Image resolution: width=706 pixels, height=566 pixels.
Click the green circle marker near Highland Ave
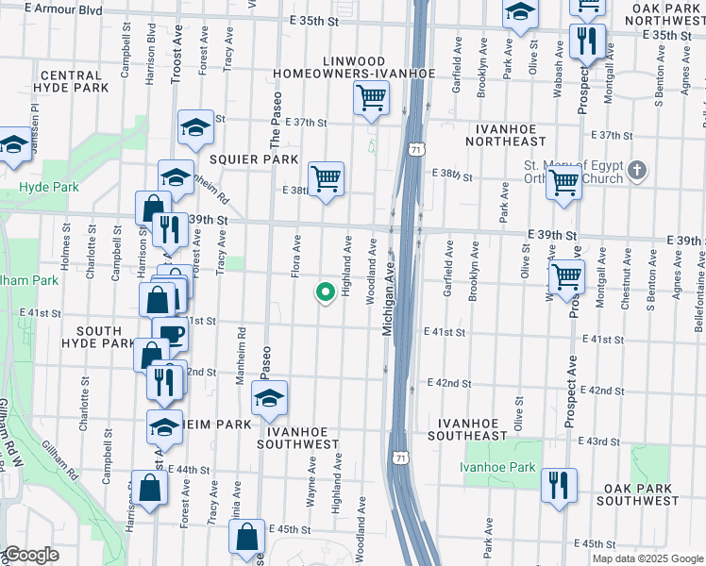click(x=326, y=293)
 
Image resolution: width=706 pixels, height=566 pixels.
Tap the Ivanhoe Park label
click(x=497, y=467)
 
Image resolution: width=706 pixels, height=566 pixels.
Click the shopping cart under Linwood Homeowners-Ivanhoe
click(x=372, y=97)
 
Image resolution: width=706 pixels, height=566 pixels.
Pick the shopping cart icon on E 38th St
click(x=326, y=178)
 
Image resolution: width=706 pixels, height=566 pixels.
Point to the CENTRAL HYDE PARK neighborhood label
click(x=72, y=81)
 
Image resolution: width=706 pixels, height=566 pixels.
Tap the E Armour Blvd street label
click(x=65, y=8)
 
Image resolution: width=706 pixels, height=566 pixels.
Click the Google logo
click(x=30, y=556)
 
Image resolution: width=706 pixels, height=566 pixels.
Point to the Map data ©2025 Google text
click(x=647, y=558)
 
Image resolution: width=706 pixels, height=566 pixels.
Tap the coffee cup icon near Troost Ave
click(x=170, y=334)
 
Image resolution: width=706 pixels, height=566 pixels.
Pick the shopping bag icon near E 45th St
click(x=246, y=537)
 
